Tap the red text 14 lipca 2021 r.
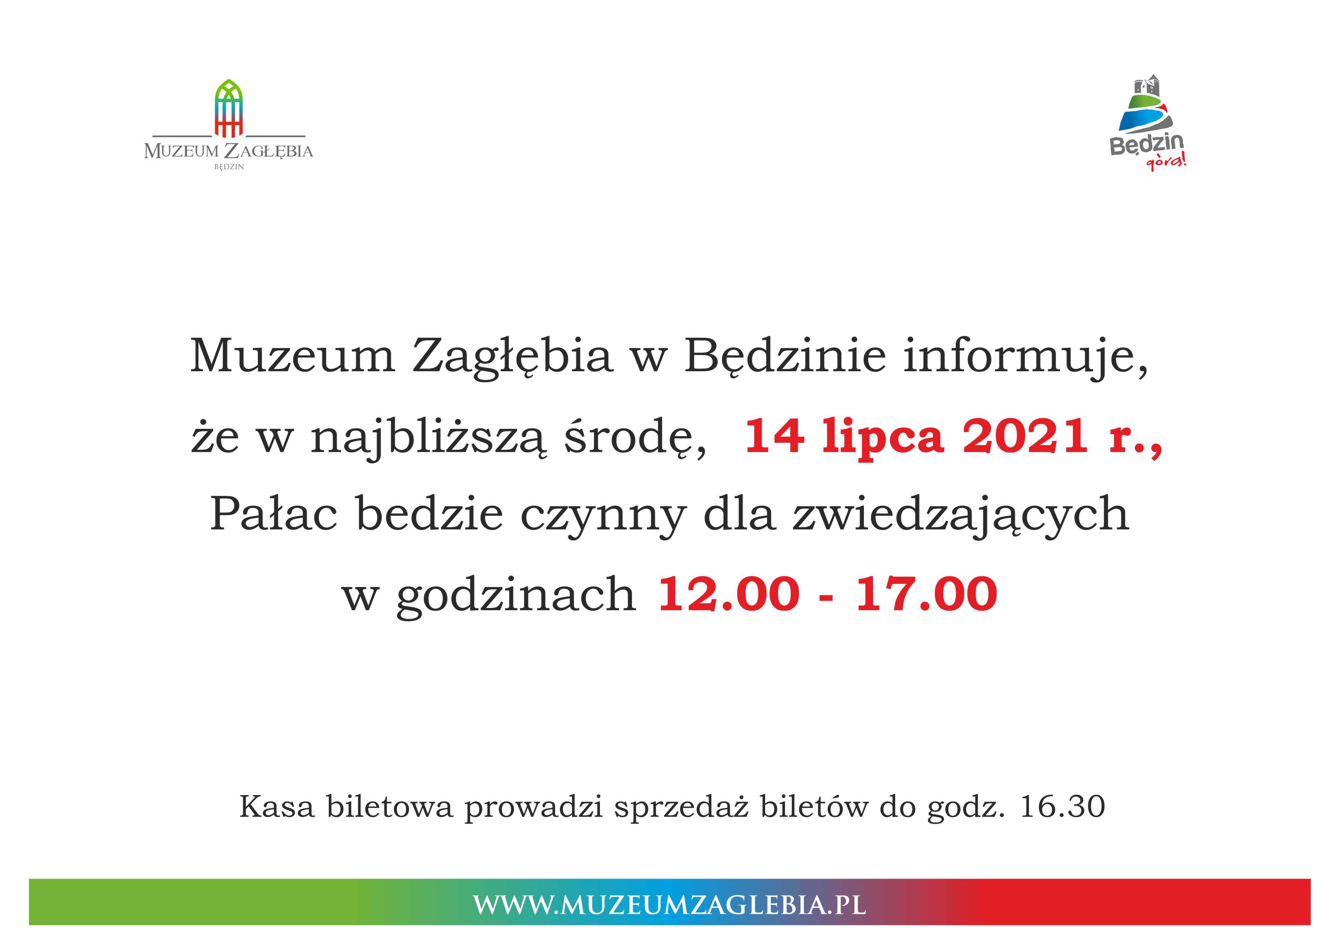pos(954,436)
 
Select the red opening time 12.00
pos(729,594)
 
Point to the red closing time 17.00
pos(926,594)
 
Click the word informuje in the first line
pos(1026,356)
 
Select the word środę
pos(635,438)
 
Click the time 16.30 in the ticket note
pos(1062,807)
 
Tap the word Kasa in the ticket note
pos(277,807)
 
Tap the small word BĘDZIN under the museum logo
pos(229,167)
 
